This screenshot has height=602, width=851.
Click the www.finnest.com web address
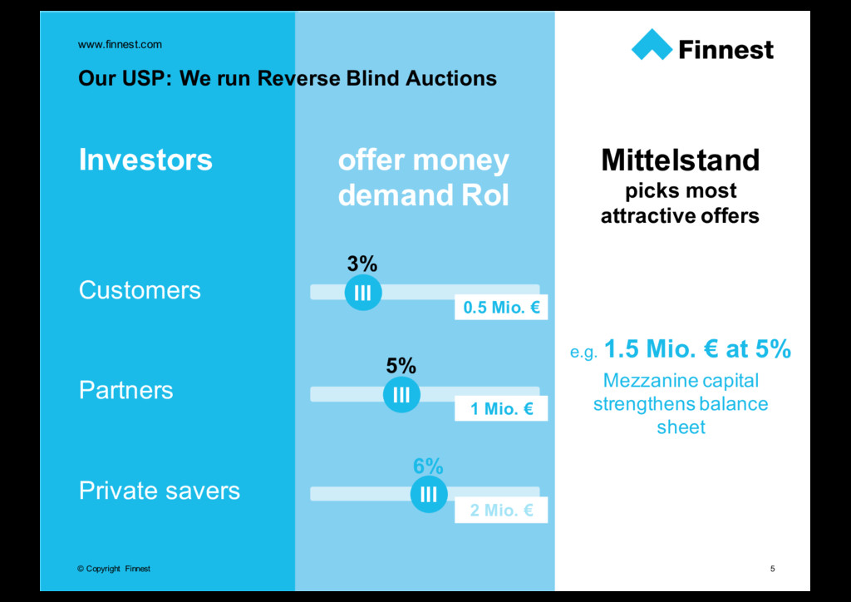pyautogui.click(x=120, y=44)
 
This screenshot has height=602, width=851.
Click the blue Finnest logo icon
pyautogui.click(x=652, y=45)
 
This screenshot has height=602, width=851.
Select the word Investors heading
pyautogui.click(x=145, y=159)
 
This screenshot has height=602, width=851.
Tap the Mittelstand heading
pyautogui.click(x=680, y=159)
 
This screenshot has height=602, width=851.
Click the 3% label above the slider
pyautogui.click(x=362, y=264)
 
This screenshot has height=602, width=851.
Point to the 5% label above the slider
pyautogui.click(x=401, y=366)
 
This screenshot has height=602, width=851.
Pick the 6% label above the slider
pyautogui.click(x=428, y=467)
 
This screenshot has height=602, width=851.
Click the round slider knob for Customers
pyautogui.click(x=362, y=292)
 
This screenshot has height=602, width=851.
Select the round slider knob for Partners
pyautogui.click(x=401, y=394)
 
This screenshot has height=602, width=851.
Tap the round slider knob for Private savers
pyautogui.click(x=429, y=495)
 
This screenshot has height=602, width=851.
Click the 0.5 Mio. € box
pyautogui.click(x=501, y=308)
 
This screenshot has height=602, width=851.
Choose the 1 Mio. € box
pyautogui.click(x=501, y=408)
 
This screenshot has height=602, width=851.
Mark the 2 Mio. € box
pyautogui.click(x=501, y=510)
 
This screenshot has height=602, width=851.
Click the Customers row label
pyautogui.click(x=140, y=290)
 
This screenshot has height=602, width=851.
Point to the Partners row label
pyautogui.click(x=126, y=390)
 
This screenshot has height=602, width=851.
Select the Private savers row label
pyautogui.click(x=160, y=491)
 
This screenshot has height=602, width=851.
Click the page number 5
pyautogui.click(x=773, y=569)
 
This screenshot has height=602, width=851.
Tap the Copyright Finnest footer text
pyautogui.click(x=114, y=569)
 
